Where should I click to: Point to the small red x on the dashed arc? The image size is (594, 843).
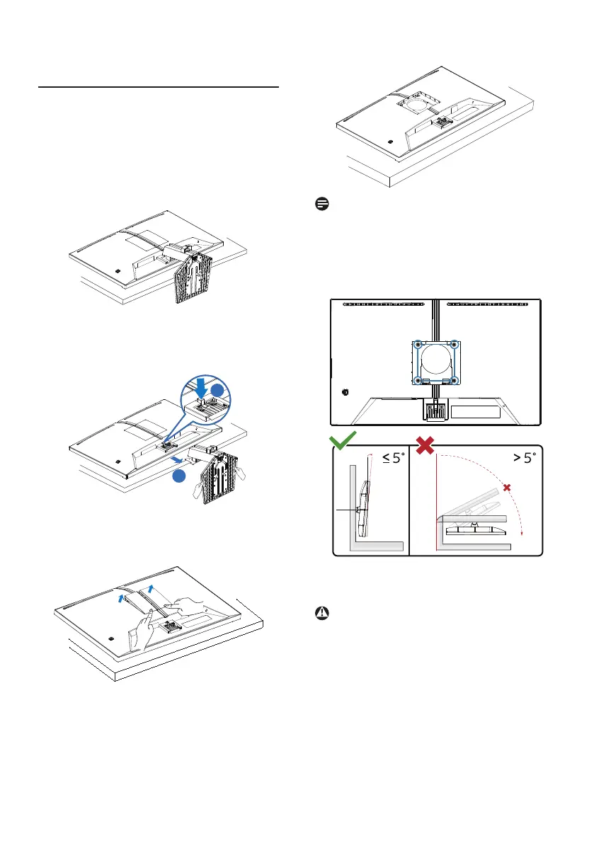point(506,488)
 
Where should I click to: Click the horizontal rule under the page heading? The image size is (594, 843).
point(159,88)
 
